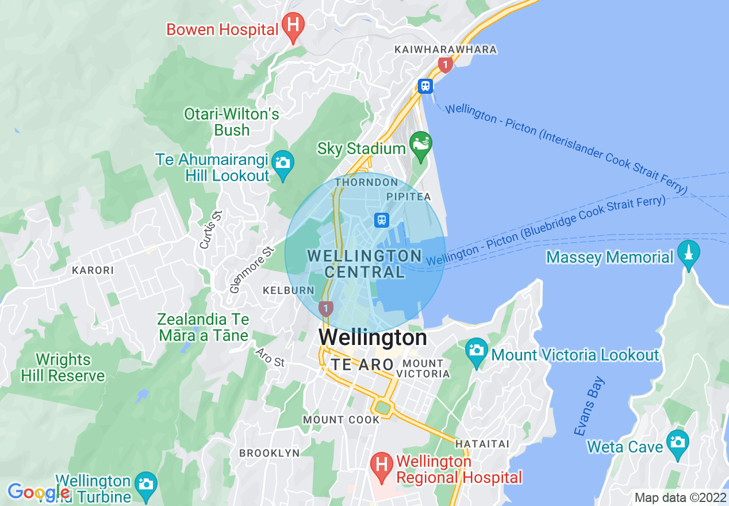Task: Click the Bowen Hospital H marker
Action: click(293, 26)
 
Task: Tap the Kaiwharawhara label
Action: click(446, 50)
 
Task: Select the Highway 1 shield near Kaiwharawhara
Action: click(444, 64)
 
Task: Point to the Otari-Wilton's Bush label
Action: click(232, 122)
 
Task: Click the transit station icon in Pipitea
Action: click(381, 220)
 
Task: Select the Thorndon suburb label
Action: click(366, 182)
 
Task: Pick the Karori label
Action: click(93, 270)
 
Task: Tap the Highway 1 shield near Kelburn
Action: click(326, 309)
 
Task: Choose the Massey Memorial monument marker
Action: click(689, 254)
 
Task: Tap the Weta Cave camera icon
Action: click(678, 443)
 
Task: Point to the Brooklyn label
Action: click(270, 453)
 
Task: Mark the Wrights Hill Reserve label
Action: click(63, 368)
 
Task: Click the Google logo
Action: click(38, 492)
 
